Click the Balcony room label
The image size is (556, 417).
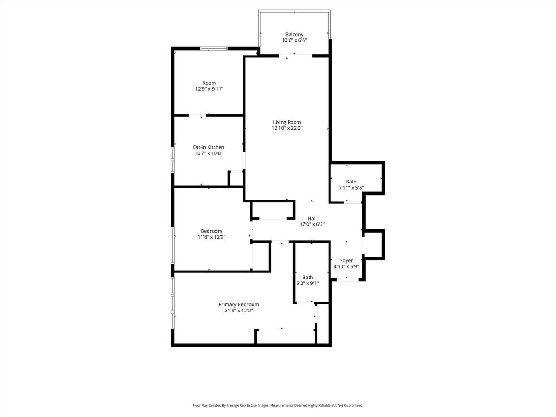pyautogui.click(x=294, y=34)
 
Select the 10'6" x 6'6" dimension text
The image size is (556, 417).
pyautogui.click(x=294, y=40)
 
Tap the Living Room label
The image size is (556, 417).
pyautogui.click(x=287, y=122)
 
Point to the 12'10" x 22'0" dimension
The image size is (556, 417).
pyautogui.click(x=287, y=128)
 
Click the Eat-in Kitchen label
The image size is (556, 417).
pyautogui.click(x=208, y=147)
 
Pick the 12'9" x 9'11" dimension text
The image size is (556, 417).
pyautogui.click(x=209, y=89)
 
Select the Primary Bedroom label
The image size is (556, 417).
pyautogui.click(x=239, y=304)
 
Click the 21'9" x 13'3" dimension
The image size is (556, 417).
pyautogui.click(x=239, y=310)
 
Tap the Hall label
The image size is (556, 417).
pyautogui.click(x=312, y=219)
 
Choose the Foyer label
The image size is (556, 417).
pyautogui.click(x=346, y=260)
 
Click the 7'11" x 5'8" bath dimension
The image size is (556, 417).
pyautogui.click(x=351, y=188)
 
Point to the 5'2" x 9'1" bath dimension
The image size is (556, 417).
pyautogui.click(x=308, y=283)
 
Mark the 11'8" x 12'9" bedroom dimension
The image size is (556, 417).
pyautogui.click(x=211, y=237)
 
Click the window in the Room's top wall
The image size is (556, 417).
pyautogui.click(x=214, y=49)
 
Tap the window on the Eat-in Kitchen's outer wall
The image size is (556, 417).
pyautogui.click(x=172, y=160)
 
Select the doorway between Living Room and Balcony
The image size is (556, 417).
pyautogui.click(x=296, y=56)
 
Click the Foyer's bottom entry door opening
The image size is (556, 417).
pyautogui.click(x=347, y=279)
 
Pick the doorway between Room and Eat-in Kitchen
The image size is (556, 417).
pyautogui.click(x=197, y=115)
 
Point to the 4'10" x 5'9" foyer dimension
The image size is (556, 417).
pyautogui.click(x=346, y=266)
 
